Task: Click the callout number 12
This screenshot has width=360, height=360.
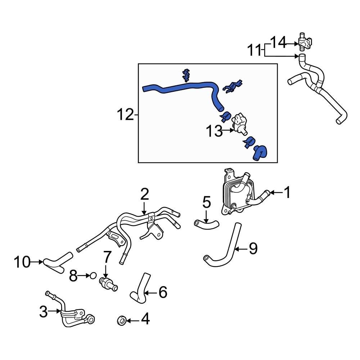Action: (125, 115)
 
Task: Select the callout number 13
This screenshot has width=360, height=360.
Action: (214, 131)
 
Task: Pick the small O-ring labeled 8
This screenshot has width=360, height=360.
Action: (93, 276)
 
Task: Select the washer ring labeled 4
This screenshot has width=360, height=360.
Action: (122, 320)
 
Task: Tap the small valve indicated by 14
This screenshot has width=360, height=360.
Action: (304, 42)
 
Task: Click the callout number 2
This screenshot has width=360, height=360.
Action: (144, 194)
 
